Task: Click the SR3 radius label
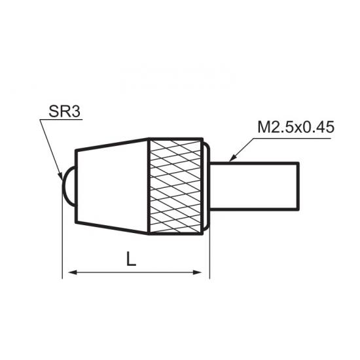pyautogui.click(x=65, y=111)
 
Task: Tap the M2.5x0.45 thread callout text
pyautogui.click(x=296, y=127)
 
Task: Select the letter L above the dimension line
pyautogui.click(x=131, y=259)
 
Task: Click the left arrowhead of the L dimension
pyautogui.click(x=73, y=272)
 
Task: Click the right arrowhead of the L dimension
pyautogui.click(x=197, y=272)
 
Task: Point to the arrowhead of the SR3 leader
pyautogui.click(x=60, y=175)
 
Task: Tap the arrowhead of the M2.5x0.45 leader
pyautogui.click(x=232, y=158)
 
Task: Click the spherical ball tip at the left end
pyautogui.click(x=69, y=187)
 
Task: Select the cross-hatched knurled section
pyautogui.click(x=176, y=187)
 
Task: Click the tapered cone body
pyautogui.click(x=112, y=187)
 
